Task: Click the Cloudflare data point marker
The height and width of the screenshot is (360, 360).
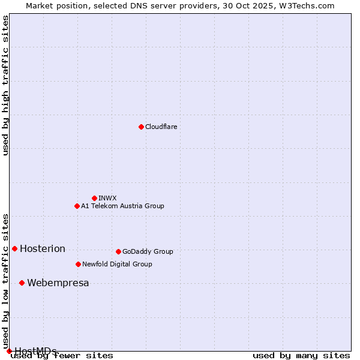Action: click(x=141, y=127)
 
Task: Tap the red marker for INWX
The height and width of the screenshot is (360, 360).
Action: click(x=94, y=198)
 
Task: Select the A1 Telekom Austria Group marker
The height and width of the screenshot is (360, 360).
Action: click(x=77, y=206)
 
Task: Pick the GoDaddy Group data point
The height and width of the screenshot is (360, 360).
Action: click(x=118, y=251)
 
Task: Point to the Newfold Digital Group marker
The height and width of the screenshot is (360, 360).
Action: click(x=78, y=264)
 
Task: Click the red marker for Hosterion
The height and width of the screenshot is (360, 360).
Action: click(x=14, y=248)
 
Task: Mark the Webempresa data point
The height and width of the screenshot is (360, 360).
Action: click(x=22, y=283)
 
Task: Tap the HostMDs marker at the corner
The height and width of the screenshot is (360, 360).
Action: click(x=9, y=351)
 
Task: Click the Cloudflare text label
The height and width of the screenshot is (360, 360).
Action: click(x=161, y=127)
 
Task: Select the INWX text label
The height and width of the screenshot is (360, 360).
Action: click(x=107, y=198)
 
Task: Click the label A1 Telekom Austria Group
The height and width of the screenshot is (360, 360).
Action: click(x=122, y=206)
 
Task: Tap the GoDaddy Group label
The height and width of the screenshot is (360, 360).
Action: click(x=148, y=251)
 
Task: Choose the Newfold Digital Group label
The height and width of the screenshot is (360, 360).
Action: click(x=117, y=264)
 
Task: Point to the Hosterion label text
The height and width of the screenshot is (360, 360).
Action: click(x=43, y=249)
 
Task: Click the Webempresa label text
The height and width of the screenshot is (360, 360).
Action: click(x=58, y=283)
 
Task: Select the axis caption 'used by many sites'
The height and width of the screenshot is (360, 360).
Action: click(x=301, y=355)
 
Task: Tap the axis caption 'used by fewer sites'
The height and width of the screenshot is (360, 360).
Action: click(x=62, y=355)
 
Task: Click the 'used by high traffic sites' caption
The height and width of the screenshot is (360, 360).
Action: click(x=5, y=85)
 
